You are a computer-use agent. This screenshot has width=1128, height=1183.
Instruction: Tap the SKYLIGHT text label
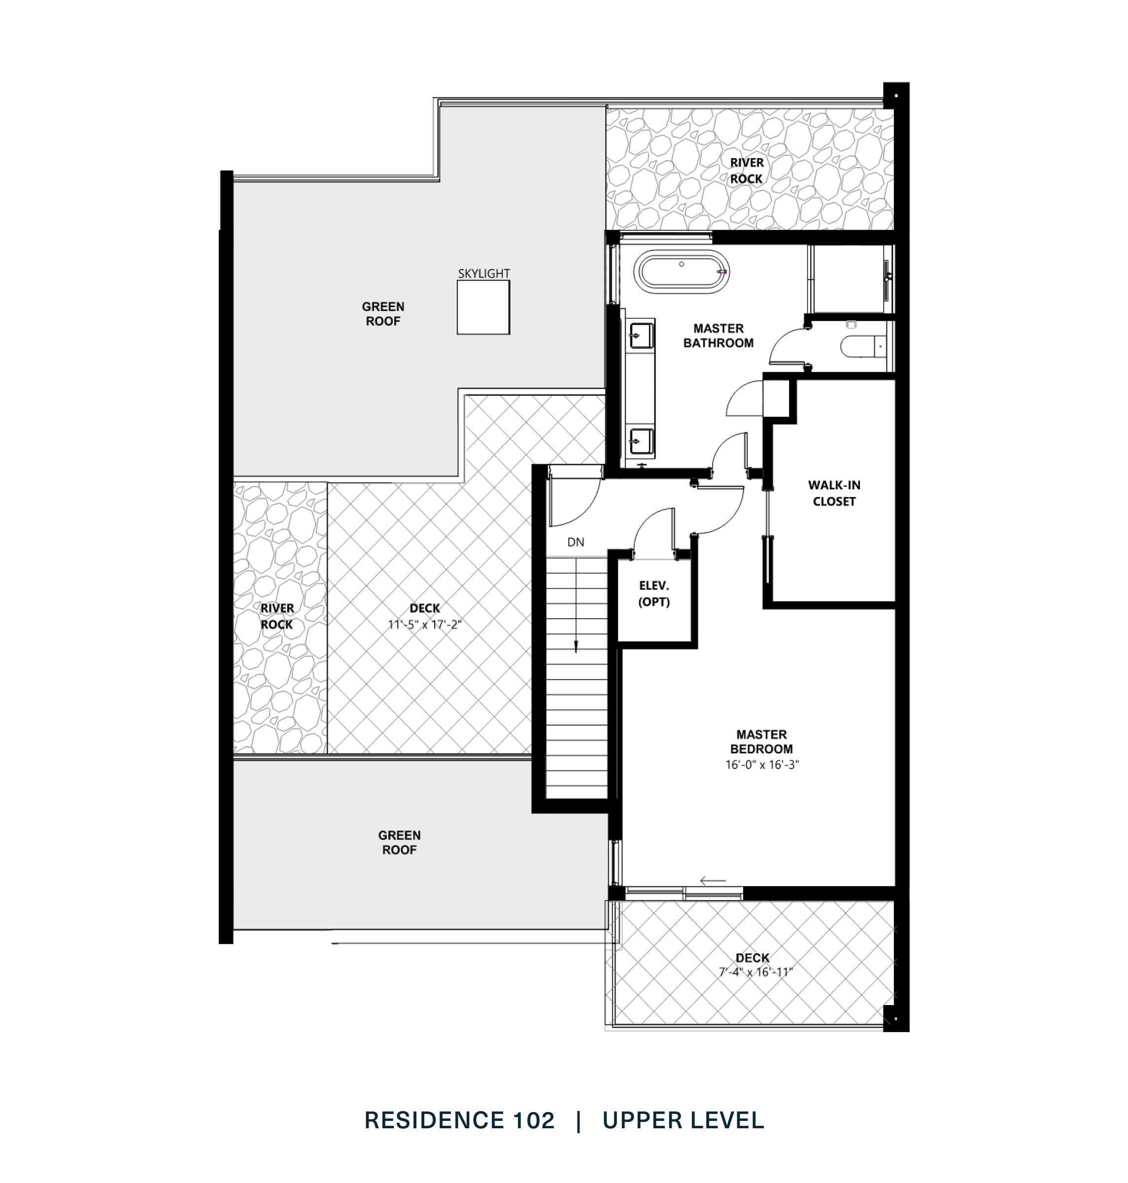[x=483, y=274]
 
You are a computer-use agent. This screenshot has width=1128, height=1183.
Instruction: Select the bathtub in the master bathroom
[x=684, y=272]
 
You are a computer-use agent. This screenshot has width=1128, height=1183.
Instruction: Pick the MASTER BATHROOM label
[x=718, y=336]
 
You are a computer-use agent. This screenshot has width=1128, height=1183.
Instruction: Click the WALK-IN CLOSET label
[x=834, y=493]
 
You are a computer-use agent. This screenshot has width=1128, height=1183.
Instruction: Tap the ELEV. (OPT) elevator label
[x=653, y=593]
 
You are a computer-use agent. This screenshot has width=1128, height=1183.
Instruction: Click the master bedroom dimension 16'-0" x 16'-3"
[x=762, y=765]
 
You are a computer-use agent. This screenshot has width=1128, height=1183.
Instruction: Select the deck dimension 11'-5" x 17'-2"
[x=424, y=625]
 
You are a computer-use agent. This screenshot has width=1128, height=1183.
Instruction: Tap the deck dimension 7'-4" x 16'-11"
[x=756, y=972]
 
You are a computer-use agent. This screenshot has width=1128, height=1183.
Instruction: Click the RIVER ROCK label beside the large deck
[x=277, y=617]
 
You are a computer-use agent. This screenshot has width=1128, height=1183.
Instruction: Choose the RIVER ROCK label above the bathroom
[x=746, y=171]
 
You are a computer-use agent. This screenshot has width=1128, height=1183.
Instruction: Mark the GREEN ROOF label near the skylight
[x=383, y=314]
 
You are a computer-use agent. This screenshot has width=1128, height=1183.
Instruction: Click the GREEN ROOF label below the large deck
[x=399, y=842]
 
